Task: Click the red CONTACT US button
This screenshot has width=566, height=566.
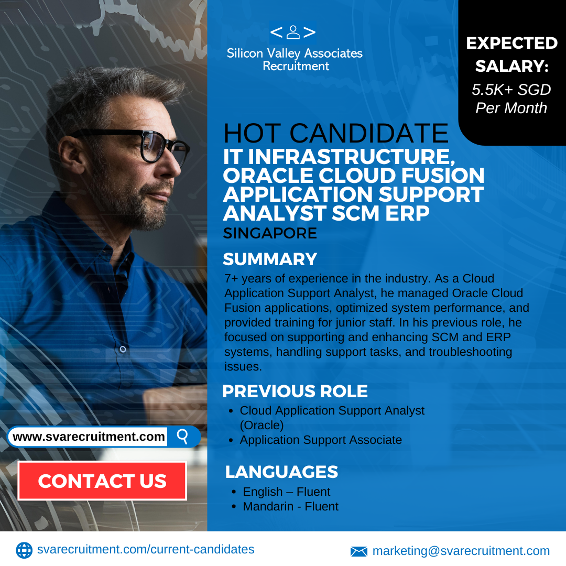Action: point(102,481)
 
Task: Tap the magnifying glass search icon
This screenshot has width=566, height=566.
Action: point(183,437)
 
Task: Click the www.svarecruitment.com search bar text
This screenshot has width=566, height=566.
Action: point(89,437)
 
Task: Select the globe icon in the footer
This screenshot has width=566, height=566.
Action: point(24,550)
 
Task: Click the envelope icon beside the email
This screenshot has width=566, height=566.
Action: point(359,551)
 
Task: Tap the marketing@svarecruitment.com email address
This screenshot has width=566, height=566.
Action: point(461,551)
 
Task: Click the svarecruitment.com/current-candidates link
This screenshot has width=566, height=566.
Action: point(146,549)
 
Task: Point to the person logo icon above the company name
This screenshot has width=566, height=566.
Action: point(293,32)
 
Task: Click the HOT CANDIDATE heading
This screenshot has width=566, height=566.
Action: point(336,133)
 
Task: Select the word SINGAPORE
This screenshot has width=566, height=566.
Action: point(270,233)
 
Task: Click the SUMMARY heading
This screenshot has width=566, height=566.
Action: point(270,259)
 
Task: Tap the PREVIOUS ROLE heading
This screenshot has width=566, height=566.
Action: point(295,391)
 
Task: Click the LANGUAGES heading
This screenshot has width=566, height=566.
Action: point(281,472)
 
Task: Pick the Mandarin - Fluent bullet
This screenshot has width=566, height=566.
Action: point(290,506)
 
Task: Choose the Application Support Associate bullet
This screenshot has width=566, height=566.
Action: point(321,440)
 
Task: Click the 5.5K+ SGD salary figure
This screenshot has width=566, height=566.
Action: point(511,90)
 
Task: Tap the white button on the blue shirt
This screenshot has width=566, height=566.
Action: point(123,349)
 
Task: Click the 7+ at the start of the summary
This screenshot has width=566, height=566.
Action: point(231,279)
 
